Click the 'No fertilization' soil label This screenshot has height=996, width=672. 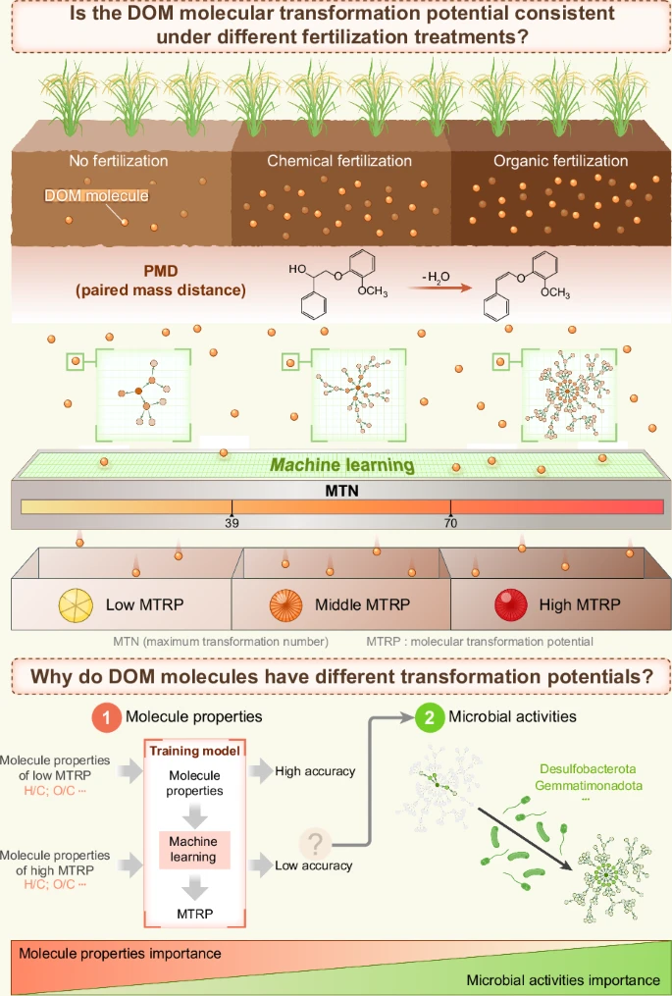coord(119,161)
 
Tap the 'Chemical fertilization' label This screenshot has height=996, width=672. coord(339,161)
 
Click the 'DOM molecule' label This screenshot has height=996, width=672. coord(97,196)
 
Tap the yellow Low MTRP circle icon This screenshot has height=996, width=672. coord(77,604)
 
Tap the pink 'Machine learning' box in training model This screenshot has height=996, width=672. coord(193,849)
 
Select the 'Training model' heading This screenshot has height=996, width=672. coord(193,751)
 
